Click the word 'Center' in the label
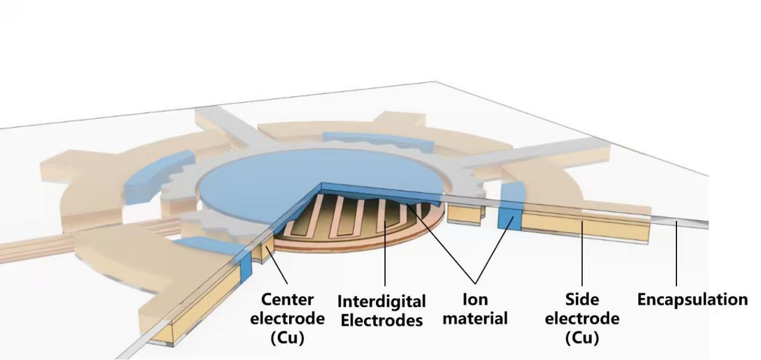coord(288,299)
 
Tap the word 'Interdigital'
coord(381,301)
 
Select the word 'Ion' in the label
coord(475,299)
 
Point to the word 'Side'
coord(582,299)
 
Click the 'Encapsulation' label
coord(692,299)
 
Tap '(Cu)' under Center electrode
coord(288,338)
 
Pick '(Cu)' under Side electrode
coord(582,338)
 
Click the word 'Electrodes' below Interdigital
coord(381,320)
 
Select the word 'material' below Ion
coord(475,319)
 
